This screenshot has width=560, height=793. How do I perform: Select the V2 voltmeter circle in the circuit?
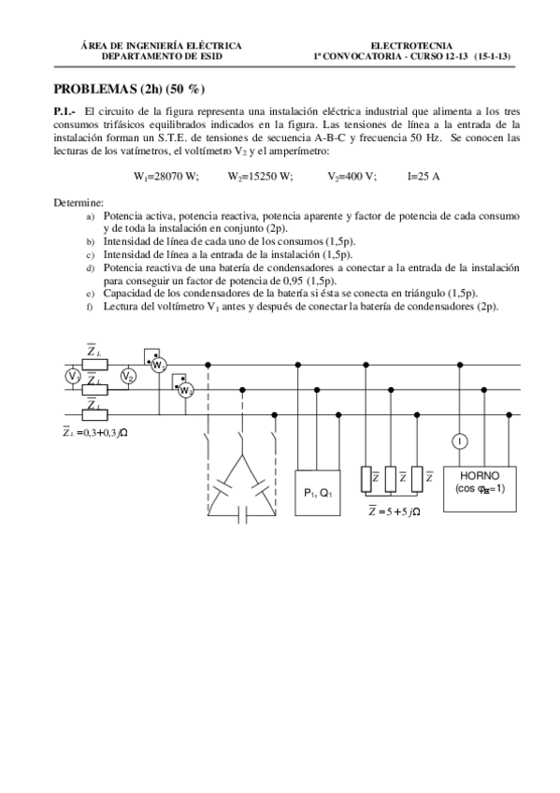(128, 376)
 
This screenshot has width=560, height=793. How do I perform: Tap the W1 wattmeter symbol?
(157, 364)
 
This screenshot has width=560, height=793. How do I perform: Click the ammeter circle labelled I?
(460, 440)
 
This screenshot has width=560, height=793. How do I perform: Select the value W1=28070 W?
(166, 176)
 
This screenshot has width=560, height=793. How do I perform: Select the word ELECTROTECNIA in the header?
(411, 45)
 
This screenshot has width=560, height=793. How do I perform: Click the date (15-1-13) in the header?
(493, 56)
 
